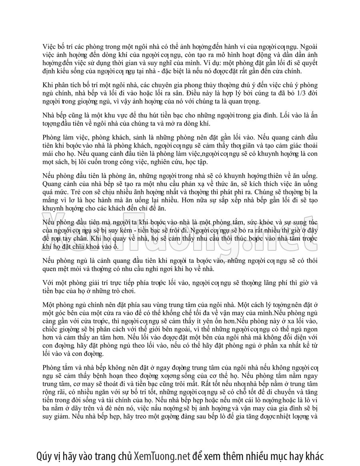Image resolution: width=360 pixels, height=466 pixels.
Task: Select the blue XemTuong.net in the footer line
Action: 162,456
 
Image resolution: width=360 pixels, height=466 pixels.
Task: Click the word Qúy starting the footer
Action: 44,456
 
